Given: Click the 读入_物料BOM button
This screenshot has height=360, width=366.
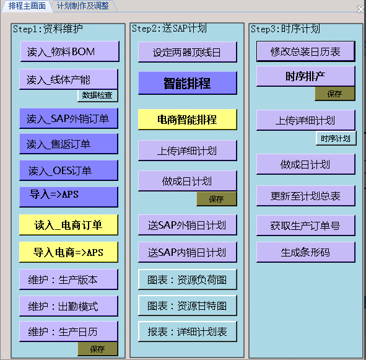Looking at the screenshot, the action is click(x=70, y=51).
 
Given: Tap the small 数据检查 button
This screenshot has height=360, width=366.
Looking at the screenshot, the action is click(x=98, y=95).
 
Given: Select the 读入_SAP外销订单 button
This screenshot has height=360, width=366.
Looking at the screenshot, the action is click(x=69, y=118).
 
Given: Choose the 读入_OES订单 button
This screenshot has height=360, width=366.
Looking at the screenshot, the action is click(x=69, y=170).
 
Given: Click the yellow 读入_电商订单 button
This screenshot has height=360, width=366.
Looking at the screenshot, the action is click(x=69, y=225).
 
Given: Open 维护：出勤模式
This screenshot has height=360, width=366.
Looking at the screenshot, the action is click(x=69, y=306).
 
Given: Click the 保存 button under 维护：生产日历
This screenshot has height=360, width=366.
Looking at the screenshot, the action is click(x=98, y=349).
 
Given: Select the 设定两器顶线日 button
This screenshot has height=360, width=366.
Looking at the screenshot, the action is click(x=188, y=52).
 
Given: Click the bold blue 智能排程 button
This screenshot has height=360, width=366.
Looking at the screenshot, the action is click(x=188, y=83).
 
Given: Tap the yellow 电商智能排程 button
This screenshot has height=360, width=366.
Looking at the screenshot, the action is click(x=188, y=120).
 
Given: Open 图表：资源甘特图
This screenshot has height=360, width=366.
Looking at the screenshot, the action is click(x=188, y=305).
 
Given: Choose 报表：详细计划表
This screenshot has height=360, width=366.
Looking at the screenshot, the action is click(x=188, y=331).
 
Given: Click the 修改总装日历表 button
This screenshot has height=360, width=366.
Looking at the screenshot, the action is click(x=306, y=51).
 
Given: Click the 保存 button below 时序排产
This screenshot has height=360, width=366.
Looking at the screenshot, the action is click(x=335, y=94).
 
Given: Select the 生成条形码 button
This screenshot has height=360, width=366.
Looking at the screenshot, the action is click(x=306, y=252).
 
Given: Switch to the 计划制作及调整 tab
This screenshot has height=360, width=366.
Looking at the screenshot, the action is click(x=83, y=6).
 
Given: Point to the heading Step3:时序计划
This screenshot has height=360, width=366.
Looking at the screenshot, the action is click(x=285, y=29).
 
